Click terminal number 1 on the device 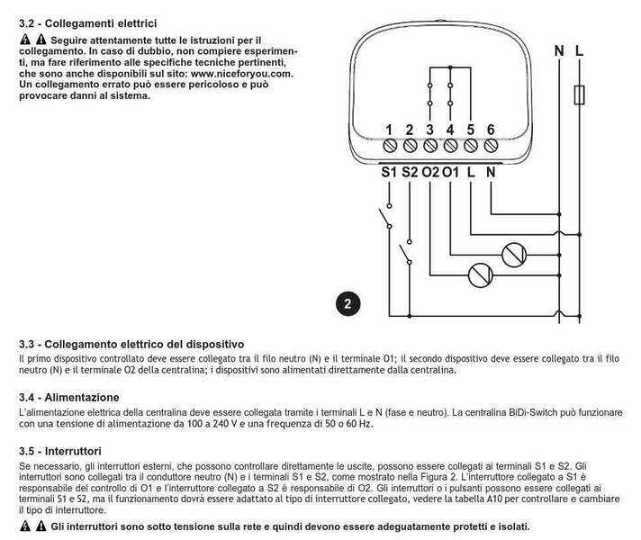point(389,130)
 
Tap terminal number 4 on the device point(450,130)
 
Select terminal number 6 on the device point(491,130)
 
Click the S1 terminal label point(388,171)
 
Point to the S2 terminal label point(410,171)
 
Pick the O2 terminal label point(430,171)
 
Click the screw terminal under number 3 point(429,145)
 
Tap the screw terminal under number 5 point(470,145)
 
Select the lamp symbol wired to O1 point(512,254)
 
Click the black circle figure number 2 point(348,303)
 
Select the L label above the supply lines point(579,50)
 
